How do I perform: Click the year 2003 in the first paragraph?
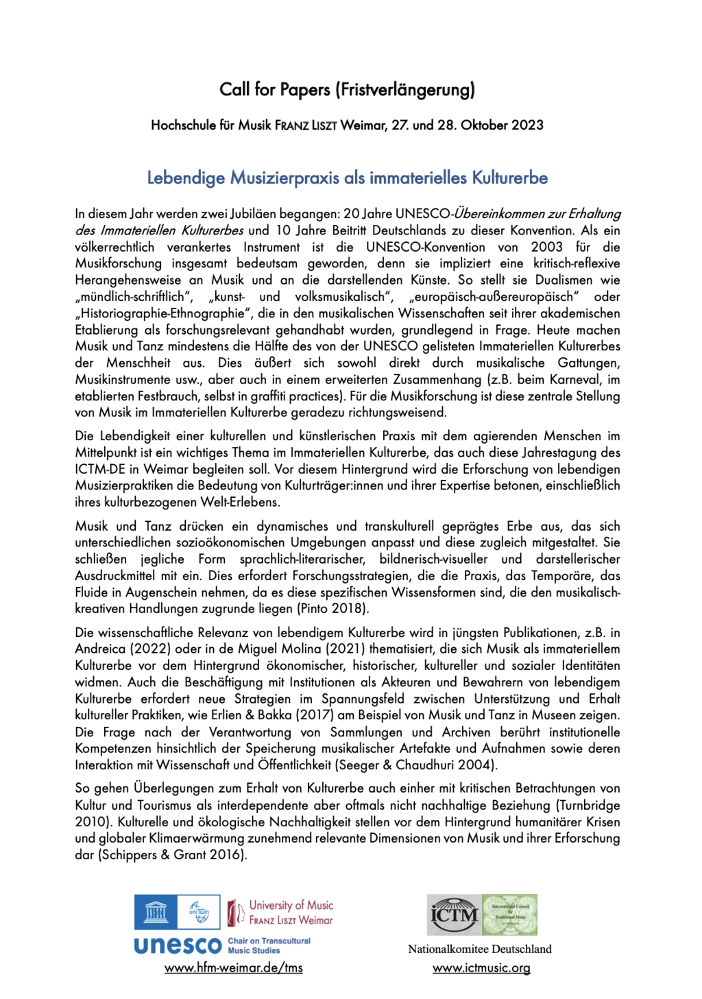(546, 247)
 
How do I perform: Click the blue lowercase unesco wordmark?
(178, 946)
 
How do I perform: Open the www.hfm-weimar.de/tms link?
(233, 968)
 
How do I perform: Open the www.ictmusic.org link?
(481, 968)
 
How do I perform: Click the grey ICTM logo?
(454, 915)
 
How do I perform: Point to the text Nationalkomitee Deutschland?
(479, 950)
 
